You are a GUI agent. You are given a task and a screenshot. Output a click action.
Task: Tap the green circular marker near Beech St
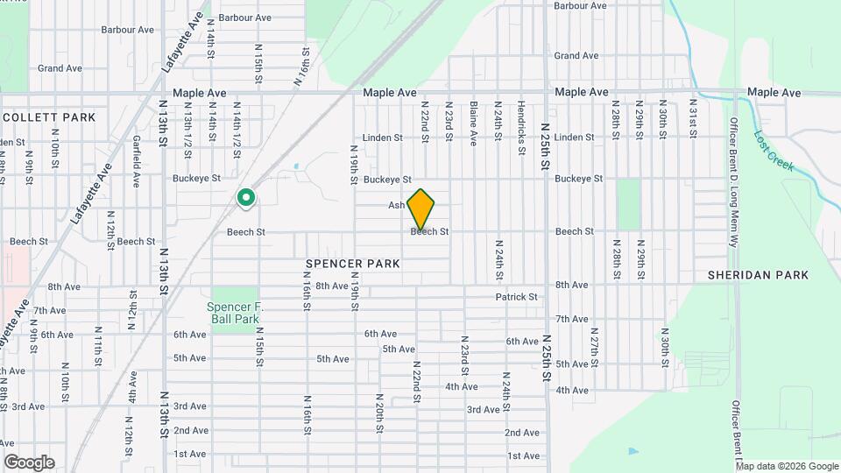click(x=246, y=198)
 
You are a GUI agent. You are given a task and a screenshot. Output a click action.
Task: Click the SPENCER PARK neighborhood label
click(x=353, y=264)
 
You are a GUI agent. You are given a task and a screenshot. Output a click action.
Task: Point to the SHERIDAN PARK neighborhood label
click(x=758, y=275)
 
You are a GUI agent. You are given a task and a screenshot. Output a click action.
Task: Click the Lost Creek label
click(x=774, y=151)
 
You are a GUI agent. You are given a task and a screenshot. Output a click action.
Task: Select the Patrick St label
click(x=516, y=298)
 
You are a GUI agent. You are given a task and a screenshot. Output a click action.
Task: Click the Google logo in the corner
click(x=29, y=462)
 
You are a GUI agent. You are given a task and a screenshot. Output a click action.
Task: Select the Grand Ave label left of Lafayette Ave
click(x=60, y=68)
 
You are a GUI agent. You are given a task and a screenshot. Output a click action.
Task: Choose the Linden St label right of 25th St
click(x=574, y=138)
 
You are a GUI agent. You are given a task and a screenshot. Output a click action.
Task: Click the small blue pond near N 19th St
click(x=297, y=166)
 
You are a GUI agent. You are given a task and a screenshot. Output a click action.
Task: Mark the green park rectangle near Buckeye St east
click(x=629, y=204)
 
